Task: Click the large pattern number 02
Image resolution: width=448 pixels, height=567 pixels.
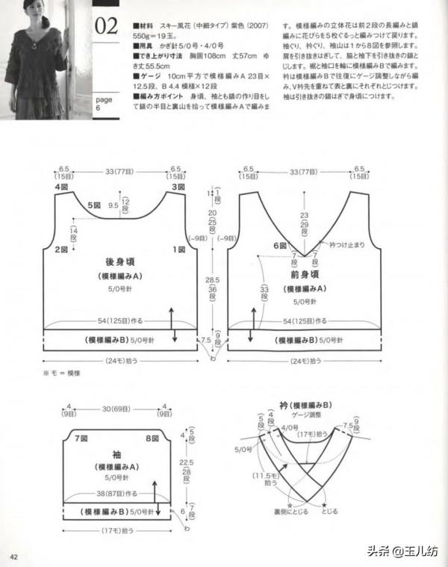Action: [106, 27]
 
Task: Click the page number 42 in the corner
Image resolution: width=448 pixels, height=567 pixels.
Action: [13, 557]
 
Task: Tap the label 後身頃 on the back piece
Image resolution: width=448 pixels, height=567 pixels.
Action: [119, 263]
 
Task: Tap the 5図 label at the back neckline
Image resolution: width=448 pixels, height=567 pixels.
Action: [93, 205]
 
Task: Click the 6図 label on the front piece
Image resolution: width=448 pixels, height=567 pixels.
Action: [280, 245]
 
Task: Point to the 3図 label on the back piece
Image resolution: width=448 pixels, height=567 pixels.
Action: [178, 186]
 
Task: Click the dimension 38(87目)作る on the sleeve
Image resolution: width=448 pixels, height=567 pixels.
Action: [109, 493]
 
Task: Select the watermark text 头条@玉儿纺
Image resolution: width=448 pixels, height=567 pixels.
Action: [401, 551]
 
